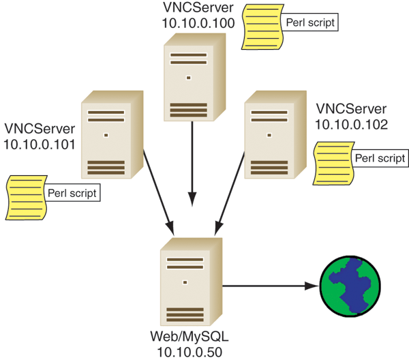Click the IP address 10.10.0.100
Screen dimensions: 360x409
(198, 22)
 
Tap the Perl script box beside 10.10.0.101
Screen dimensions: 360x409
(72, 192)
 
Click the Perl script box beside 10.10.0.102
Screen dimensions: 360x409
(380, 157)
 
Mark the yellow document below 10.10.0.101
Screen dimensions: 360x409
(25, 197)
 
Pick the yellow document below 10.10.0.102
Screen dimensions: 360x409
(330, 163)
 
